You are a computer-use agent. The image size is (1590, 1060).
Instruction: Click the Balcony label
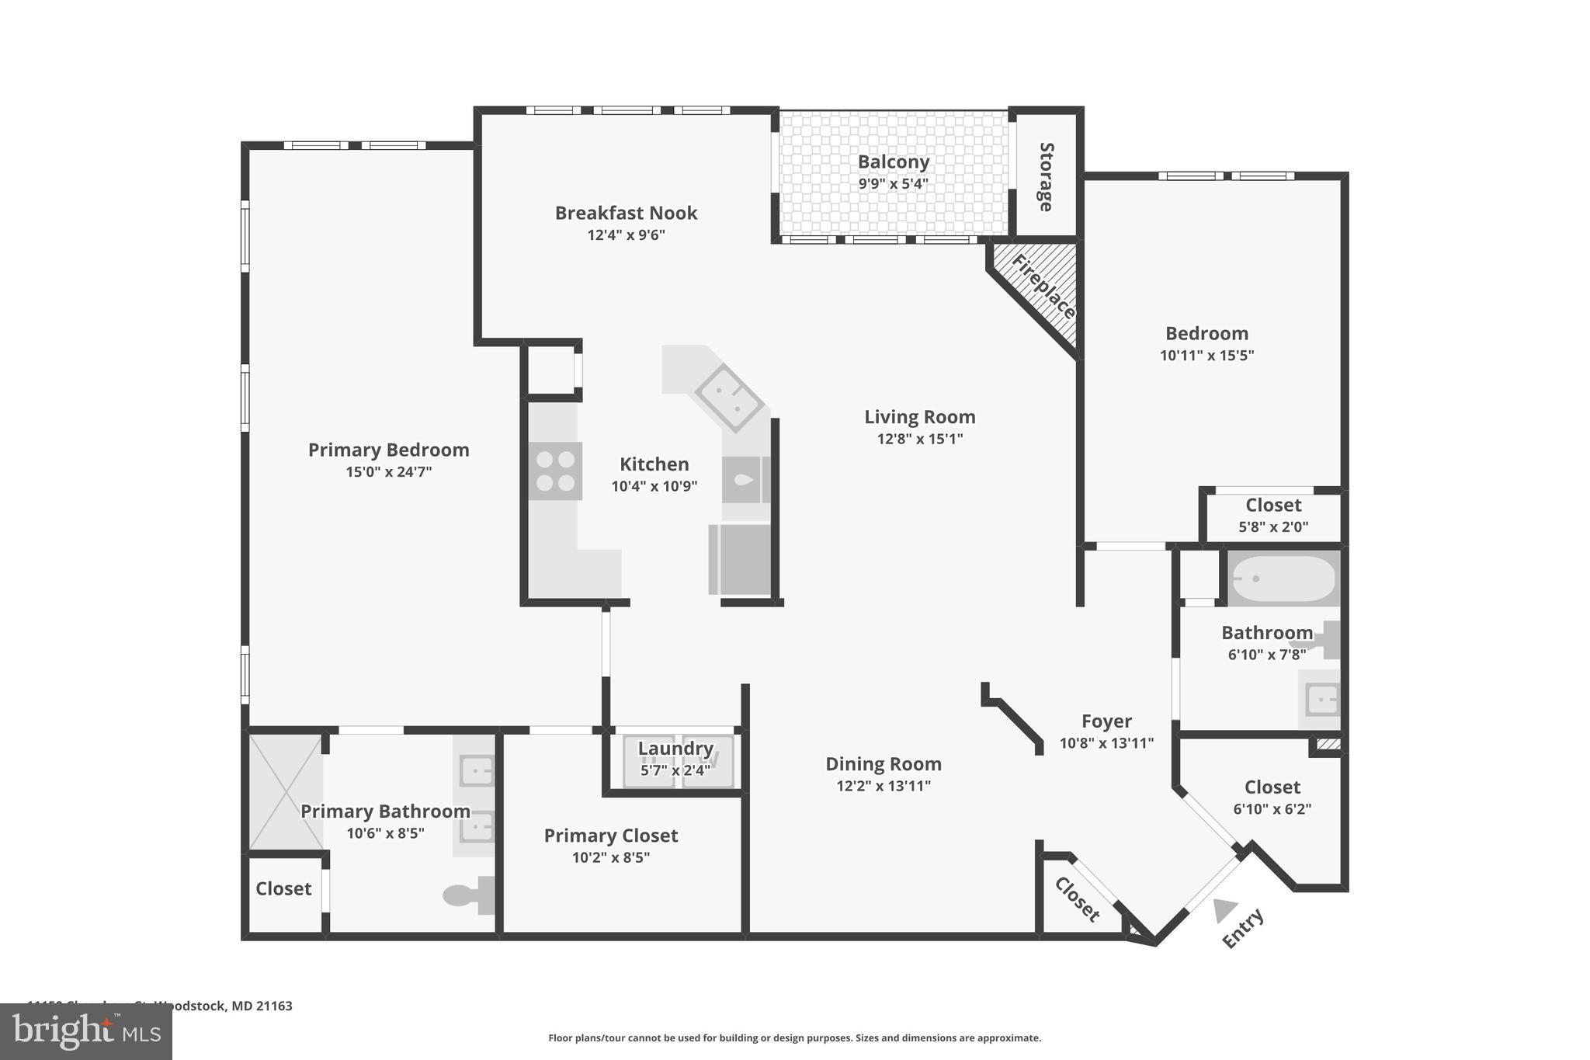pyautogui.click(x=893, y=162)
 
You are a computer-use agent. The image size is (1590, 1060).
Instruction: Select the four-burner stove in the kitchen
pyautogui.click(x=556, y=471)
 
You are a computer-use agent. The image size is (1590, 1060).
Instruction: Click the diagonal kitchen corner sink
pyautogui.click(x=727, y=397)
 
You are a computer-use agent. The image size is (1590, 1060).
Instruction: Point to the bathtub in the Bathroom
pyautogui.click(x=1283, y=579)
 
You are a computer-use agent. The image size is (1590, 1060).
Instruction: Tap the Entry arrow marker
pyautogui.click(x=1225, y=909)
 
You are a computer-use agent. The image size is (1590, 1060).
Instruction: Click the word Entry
pyautogui.click(x=1243, y=928)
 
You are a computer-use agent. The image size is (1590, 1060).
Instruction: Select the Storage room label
pyautogui.click(x=1046, y=177)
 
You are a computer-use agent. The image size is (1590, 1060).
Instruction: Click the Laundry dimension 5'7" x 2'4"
pyautogui.click(x=675, y=770)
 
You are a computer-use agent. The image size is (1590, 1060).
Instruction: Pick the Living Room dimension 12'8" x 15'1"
pyautogui.click(x=920, y=439)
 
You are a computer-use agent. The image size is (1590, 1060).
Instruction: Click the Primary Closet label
pyautogui.click(x=610, y=836)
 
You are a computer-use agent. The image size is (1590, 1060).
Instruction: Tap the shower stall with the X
pyautogui.click(x=286, y=792)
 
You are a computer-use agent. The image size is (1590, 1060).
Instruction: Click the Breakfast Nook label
pyautogui.click(x=626, y=213)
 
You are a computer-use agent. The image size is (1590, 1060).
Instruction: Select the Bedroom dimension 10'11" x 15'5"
pyautogui.click(x=1206, y=356)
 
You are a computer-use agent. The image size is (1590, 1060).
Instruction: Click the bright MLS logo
pyautogui.click(x=85, y=1031)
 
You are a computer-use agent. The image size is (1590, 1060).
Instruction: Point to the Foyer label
pyautogui.click(x=1106, y=721)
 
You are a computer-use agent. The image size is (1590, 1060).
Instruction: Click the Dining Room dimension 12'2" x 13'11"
pyautogui.click(x=883, y=786)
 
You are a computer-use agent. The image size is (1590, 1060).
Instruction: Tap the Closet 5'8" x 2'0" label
pyautogui.click(x=1273, y=505)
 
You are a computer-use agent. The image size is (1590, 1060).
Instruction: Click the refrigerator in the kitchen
pyautogui.click(x=739, y=559)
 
